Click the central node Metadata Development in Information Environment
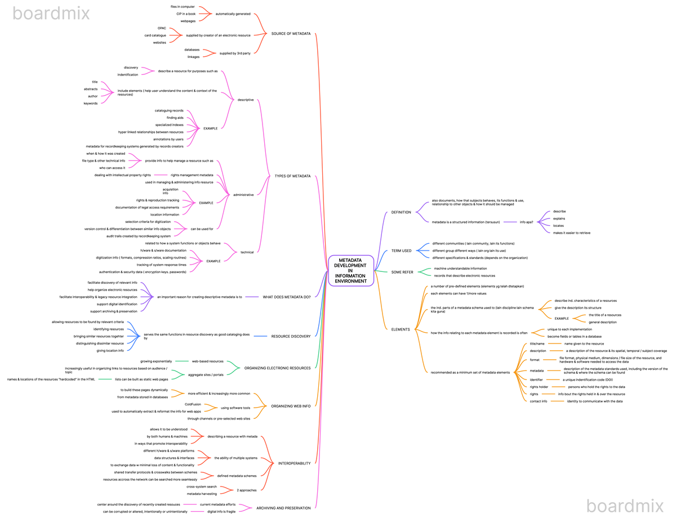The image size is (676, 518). [350, 271]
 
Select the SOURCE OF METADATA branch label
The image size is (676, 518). [291, 34]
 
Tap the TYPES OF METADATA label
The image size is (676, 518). [292, 176]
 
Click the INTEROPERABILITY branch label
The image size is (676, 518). [294, 463]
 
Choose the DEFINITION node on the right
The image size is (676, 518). [401, 212]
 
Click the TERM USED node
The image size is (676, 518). [401, 251]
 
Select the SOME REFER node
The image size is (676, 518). [402, 272]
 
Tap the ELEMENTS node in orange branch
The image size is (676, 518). [401, 329]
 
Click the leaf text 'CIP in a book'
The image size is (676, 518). [186, 14]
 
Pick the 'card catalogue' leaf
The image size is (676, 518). [155, 35]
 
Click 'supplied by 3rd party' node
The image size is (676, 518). [235, 53]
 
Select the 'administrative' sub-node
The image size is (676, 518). [243, 195]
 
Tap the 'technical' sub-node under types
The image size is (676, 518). [247, 252]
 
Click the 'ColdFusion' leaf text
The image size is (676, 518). [193, 404]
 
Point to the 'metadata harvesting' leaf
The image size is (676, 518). [202, 494]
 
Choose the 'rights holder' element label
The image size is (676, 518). [539, 387]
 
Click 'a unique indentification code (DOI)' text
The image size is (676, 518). [588, 379]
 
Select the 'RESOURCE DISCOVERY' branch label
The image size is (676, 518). [291, 337]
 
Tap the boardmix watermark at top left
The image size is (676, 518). [51, 13]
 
